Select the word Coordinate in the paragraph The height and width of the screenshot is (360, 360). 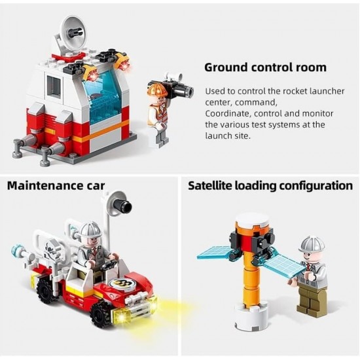tap(230, 113)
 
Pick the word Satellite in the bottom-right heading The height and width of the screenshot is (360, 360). tap(211, 185)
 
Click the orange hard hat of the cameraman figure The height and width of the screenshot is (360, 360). tap(156, 89)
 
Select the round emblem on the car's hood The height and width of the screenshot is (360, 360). tap(121, 285)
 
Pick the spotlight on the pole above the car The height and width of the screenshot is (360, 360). tap(121, 207)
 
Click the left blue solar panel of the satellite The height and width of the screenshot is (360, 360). tap(214, 252)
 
